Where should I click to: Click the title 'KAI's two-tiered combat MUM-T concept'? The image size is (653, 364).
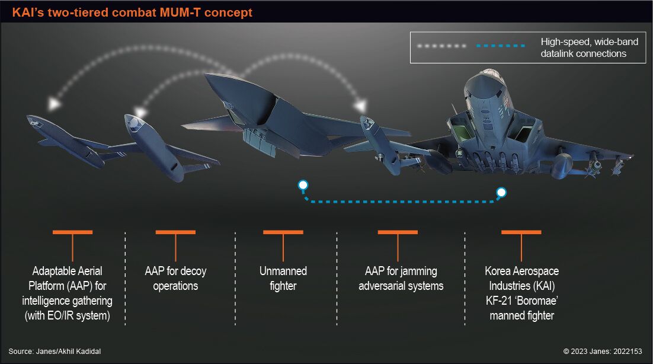click(132, 12)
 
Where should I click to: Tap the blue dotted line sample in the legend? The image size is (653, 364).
click(501, 46)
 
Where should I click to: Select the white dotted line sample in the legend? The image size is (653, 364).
click(442, 46)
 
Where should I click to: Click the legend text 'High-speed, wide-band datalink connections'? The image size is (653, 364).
click(589, 47)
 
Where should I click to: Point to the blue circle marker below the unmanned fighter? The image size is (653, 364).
click(303, 185)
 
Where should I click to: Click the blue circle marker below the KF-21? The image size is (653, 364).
click(501, 192)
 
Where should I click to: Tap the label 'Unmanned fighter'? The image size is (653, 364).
click(283, 278)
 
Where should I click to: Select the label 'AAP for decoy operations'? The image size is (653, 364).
click(175, 278)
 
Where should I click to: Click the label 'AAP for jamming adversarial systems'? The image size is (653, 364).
click(401, 278)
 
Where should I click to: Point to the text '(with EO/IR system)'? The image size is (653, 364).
click(68, 315)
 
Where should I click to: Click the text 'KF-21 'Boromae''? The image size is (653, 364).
click(522, 301)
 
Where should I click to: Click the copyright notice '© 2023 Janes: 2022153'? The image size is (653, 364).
click(603, 351)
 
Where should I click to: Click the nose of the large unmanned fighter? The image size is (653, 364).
click(206, 75)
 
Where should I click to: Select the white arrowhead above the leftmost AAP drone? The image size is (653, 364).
click(54, 103)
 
